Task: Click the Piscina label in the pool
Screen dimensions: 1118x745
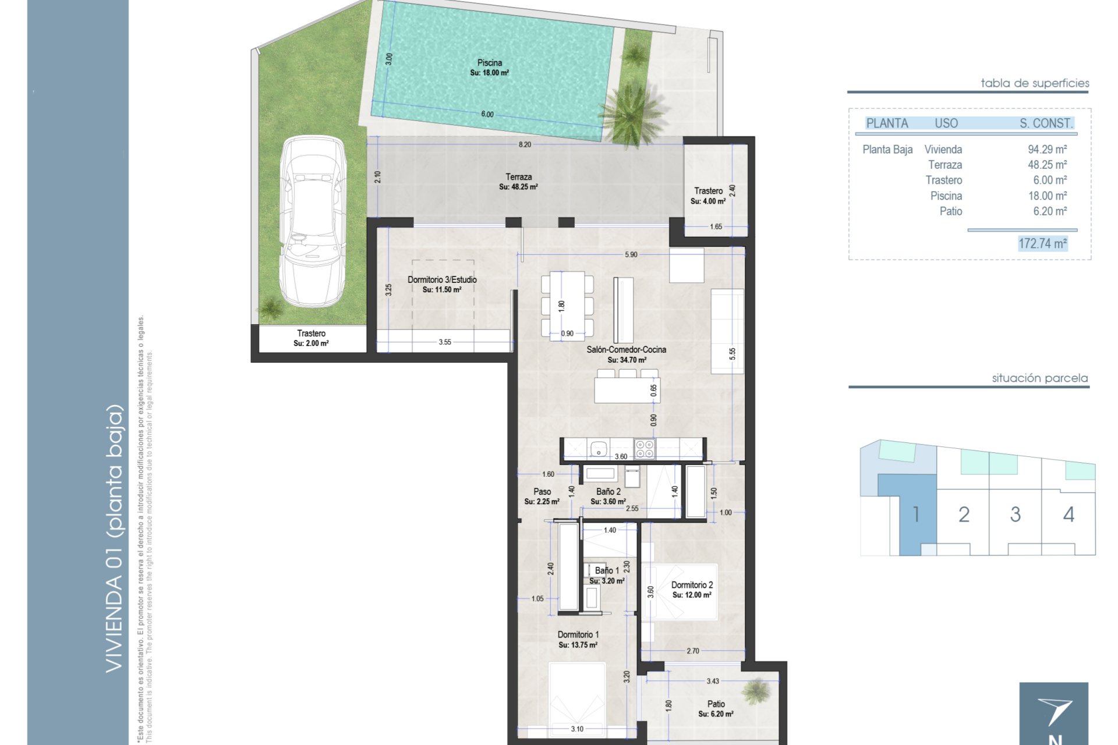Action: (x=490, y=63)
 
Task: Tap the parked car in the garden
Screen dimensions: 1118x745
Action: (x=312, y=221)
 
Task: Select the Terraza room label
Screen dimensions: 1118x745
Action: (x=518, y=177)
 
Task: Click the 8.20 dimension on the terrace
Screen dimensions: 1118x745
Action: (x=525, y=144)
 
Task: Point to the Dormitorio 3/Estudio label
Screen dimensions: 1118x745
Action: (x=442, y=280)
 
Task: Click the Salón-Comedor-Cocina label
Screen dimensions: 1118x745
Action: (x=627, y=350)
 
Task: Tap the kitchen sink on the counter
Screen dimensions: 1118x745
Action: (x=598, y=449)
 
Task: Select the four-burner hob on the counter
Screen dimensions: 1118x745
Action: (x=645, y=449)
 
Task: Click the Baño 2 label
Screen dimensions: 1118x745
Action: (x=608, y=492)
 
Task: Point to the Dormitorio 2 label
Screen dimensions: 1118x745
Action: (x=692, y=585)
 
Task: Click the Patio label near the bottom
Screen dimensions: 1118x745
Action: (x=716, y=704)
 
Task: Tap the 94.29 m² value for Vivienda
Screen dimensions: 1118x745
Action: (x=1047, y=150)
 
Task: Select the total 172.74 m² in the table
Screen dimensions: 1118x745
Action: (x=1042, y=243)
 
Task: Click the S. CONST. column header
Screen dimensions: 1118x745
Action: (x=1046, y=123)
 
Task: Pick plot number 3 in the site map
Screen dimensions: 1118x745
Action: (x=1016, y=515)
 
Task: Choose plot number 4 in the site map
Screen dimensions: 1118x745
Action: (x=1069, y=515)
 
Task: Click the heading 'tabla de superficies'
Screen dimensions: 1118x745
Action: (x=1035, y=83)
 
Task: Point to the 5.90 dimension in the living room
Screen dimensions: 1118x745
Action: (x=631, y=255)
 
